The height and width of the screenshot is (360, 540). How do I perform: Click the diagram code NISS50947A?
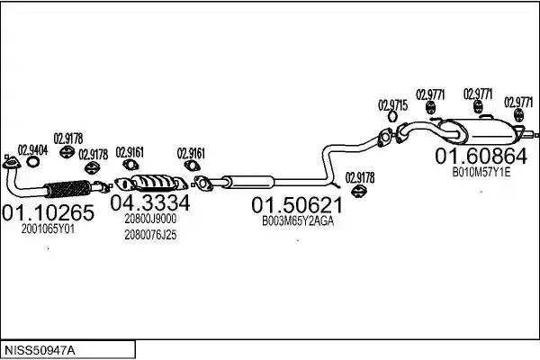(x=40, y=351)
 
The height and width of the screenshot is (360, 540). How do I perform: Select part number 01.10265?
(x=48, y=212)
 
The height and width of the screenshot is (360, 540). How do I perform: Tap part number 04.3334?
(x=150, y=202)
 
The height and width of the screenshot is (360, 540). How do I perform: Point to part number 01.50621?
(x=297, y=205)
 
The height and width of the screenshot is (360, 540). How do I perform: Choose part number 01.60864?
(x=481, y=156)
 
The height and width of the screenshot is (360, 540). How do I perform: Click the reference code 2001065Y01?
(x=48, y=229)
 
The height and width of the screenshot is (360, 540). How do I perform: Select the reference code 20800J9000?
(x=150, y=219)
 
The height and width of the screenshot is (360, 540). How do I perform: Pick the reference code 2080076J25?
(x=150, y=235)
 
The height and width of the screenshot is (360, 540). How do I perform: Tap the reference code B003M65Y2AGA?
(x=298, y=221)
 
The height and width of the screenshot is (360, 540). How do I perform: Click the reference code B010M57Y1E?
(x=481, y=172)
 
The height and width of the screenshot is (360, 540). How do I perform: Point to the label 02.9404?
(x=32, y=150)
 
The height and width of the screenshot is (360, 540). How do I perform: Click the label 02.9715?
(x=393, y=105)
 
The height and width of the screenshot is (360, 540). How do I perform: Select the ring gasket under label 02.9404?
(x=32, y=162)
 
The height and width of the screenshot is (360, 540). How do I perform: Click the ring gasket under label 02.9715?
(x=392, y=116)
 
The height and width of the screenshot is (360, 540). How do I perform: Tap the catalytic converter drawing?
(x=151, y=183)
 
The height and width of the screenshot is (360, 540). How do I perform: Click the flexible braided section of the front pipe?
(x=68, y=189)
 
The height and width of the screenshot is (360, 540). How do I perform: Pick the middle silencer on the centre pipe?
(x=248, y=181)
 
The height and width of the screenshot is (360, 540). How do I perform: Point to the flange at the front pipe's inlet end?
(x=11, y=163)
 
